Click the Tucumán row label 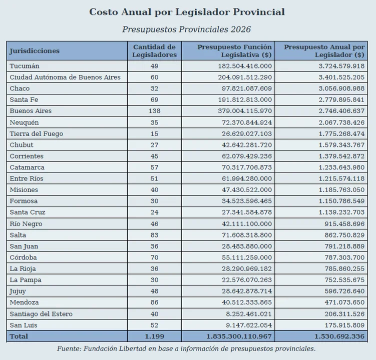click(x=24, y=66)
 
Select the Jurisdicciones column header click(x=35, y=51)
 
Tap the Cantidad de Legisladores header click(x=154, y=51)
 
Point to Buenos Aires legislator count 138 click(x=154, y=111)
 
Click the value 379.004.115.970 click(x=245, y=111)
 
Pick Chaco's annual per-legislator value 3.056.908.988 click(x=341, y=88)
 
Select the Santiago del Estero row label click(x=41, y=314)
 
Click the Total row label click(x=19, y=336)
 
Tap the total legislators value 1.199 click(x=154, y=336)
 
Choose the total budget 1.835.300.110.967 click(x=239, y=336)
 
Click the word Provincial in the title click(x=259, y=12)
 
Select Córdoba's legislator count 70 click(x=154, y=257)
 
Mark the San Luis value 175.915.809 click(x=344, y=325)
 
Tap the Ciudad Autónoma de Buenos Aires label click(x=65, y=77)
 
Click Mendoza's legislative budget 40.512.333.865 click(x=247, y=302)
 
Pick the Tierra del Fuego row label click(x=36, y=133)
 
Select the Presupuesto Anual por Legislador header click(x=324, y=51)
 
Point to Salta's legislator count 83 click(x=154, y=235)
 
